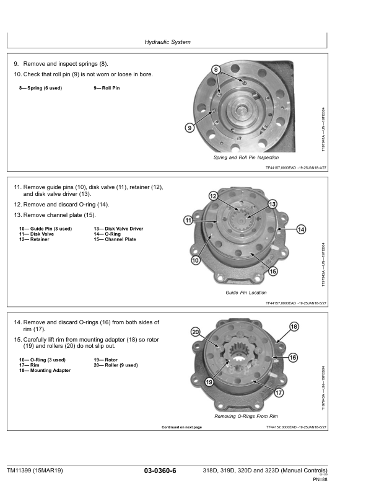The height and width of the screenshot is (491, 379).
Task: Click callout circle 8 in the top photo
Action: [x=216, y=70]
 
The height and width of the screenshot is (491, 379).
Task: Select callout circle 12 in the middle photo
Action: [x=213, y=197]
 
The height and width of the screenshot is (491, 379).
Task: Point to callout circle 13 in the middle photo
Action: [x=272, y=204]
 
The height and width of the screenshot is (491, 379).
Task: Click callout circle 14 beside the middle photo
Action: [x=302, y=229]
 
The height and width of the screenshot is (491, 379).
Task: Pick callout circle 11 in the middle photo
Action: [x=187, y=221]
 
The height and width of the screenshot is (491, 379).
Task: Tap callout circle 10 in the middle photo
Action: [x=196, y=260]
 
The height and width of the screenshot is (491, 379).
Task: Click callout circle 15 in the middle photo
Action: [x=273, y=271]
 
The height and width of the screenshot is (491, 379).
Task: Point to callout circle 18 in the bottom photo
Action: [x=294, y=326]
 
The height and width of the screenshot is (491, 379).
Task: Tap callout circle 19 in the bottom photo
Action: [x=210, y=382]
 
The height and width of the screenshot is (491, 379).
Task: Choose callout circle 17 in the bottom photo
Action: [x=279, y=392]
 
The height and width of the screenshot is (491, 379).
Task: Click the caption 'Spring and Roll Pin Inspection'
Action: [x=246, y=158]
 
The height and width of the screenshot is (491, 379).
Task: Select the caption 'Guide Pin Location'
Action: [x=246, y=292]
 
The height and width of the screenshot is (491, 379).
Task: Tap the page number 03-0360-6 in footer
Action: [x=160, y=472]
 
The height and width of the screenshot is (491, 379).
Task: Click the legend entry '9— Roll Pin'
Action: [x=107, y=88]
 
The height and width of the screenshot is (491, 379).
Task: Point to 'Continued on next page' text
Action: [x=181, y=427]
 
